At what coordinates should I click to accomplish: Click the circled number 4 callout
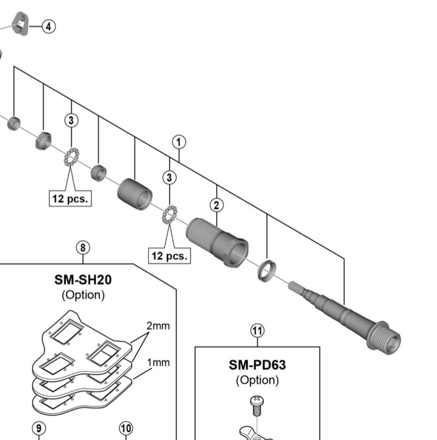[48, 26]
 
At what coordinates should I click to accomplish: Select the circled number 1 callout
[179, 141]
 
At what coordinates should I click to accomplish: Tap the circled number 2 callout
[216, 205]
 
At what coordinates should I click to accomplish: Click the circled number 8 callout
[83, 247]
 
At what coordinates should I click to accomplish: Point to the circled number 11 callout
[257, 331]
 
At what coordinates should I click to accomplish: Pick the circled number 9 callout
[39, 428]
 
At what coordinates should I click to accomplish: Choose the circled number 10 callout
[125, 428]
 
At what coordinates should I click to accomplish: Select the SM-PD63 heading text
[257, 364]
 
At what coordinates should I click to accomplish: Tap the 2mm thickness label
[158, 326]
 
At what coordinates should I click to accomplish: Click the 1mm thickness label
[158, 362]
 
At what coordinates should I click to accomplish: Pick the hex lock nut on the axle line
[43, 140]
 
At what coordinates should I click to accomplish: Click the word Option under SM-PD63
[257, 379]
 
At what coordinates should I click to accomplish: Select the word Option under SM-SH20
[83, 295]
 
